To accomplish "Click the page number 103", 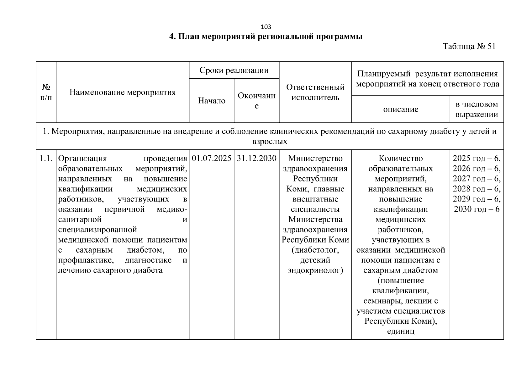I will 266,27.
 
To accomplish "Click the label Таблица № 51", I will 469,47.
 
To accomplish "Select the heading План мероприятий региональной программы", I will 266,37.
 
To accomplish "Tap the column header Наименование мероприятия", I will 123,92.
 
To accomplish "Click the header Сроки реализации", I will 234,70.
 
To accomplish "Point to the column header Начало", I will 212,101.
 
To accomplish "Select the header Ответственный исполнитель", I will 315,92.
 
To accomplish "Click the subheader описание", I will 401,109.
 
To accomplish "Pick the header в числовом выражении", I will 477,109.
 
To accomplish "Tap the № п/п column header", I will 46,92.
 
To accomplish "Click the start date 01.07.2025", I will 212,158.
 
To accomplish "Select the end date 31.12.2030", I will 256,158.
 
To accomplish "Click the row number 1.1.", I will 46,158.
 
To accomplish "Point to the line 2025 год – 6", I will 477,158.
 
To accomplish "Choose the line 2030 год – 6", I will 477,209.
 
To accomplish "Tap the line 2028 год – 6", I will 477,189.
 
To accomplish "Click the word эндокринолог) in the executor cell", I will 315,270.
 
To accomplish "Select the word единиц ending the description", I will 401,331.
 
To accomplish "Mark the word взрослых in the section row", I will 270,142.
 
